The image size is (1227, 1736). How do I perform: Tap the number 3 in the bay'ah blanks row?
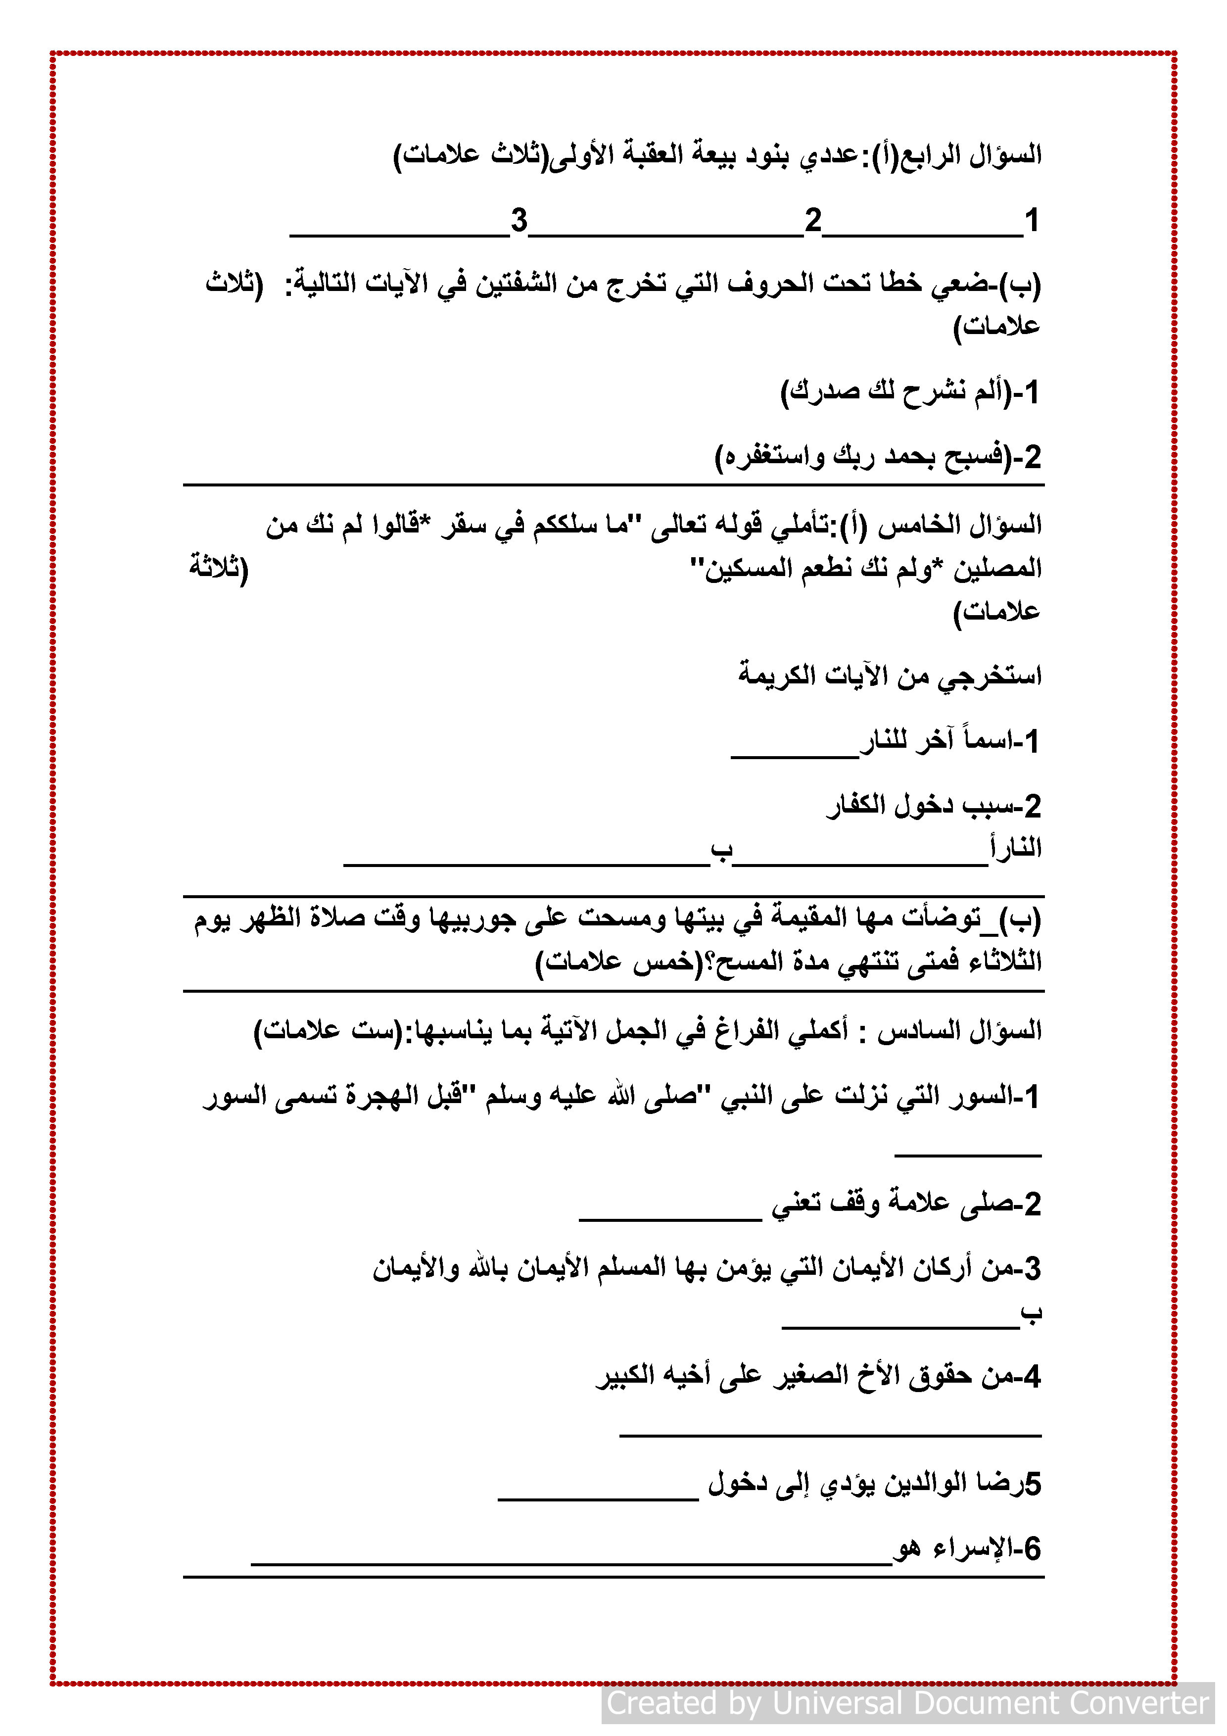tap(519, 221)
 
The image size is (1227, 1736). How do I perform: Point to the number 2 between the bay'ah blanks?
tap(813, 221)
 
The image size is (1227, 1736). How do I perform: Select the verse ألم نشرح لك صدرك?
tap(896, 391)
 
